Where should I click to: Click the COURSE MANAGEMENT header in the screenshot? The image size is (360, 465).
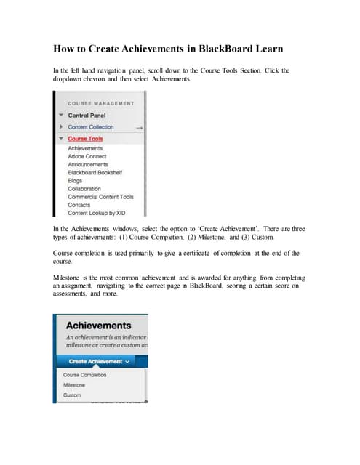pos(101,103)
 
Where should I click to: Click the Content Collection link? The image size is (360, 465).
pos(91,127)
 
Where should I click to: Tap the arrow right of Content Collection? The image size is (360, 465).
pos(138,127)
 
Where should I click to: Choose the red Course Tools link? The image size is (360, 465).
pos(85,139)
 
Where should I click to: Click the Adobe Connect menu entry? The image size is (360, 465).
pos(87,156)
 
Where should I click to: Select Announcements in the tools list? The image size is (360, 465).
pos(88,164)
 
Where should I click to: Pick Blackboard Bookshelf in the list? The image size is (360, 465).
pos(95,172)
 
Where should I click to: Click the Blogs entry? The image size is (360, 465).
pos(75,180)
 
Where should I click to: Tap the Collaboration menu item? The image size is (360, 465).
pos(84,189)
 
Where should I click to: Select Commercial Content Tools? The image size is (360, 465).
pos(100,197)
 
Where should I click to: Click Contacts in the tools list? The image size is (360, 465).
pos(79,205)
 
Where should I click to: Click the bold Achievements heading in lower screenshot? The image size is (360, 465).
pos(99,325)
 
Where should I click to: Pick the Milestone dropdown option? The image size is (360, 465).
pos(74,385)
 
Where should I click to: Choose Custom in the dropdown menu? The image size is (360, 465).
pos(73,395)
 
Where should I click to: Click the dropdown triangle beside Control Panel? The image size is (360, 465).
pos(60,116)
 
